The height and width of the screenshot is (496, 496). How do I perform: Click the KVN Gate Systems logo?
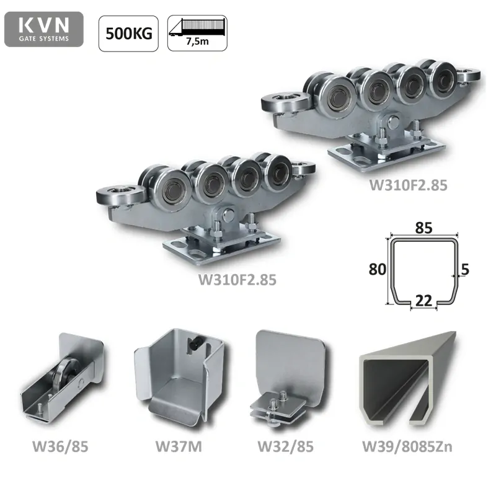point(44,29)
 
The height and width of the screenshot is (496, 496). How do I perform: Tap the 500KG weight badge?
point(128,33)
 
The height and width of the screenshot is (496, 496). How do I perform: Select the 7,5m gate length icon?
point(197,33)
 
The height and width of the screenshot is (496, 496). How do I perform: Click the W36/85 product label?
point(60,446)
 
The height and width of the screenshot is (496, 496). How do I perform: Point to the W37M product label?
point(179,446)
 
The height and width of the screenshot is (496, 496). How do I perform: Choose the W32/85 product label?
point(286,446)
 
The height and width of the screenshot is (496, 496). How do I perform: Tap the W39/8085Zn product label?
point(407,446)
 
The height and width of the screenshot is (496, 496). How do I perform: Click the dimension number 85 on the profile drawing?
point(424,228)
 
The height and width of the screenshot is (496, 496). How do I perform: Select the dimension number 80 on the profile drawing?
point(378,269)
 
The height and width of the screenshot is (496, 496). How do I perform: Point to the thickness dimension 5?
point(465,269)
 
